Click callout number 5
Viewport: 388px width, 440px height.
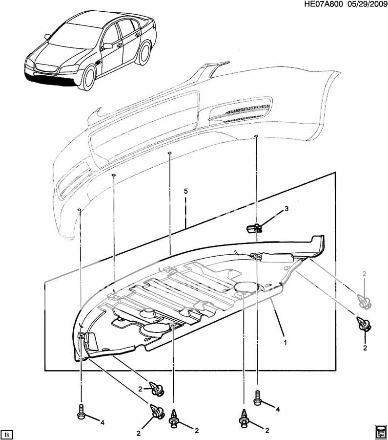pos(186,192)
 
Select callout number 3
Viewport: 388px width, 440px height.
pos(286,209)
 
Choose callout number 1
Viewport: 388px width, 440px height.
pos(286,342)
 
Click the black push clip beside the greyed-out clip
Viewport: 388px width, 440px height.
pos(364,324)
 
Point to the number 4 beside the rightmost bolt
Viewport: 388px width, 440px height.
pos(278,409)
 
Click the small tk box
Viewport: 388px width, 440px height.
pos(7,434)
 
